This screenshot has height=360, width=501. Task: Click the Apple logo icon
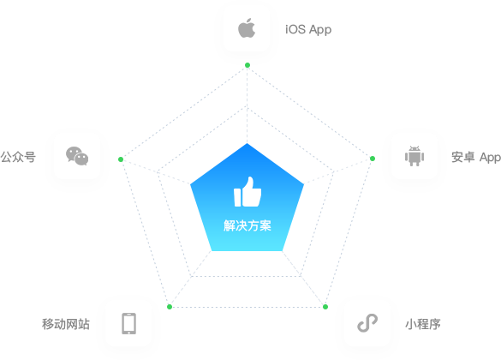[x=247, y=28]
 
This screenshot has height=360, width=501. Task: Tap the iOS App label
[x=308, y=30]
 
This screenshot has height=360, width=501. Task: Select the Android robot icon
[x=415, y=156]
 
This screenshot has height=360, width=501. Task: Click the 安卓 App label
[x=476, y=157]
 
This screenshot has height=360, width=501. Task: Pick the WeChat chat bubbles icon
[x=77, y=156]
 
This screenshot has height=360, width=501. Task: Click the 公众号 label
[x=18, y=157]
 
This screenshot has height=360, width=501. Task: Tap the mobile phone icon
[x=128, y=323]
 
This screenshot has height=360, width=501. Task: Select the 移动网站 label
[x=66, y=324]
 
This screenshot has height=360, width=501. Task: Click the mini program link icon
[x=367, y=323]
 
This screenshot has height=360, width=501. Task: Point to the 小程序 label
[x=423, y=324]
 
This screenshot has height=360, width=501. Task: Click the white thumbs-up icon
[x=248, y=192]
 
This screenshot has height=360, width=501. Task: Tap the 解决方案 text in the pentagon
[x=248, y=225]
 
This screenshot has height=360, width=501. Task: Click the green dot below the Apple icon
[x=248, y=65]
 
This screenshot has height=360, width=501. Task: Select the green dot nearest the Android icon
[x=373, y=159]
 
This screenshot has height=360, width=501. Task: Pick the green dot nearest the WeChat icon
[x=121, y=159]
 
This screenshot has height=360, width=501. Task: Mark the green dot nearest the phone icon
[x=170, y=307]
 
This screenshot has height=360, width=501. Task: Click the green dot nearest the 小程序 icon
[x=325, y=307]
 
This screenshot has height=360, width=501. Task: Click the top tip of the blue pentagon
[x=247, y=143]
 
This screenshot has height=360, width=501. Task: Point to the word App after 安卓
[x=490, y=158]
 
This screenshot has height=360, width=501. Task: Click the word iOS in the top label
[x=295, y=29]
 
